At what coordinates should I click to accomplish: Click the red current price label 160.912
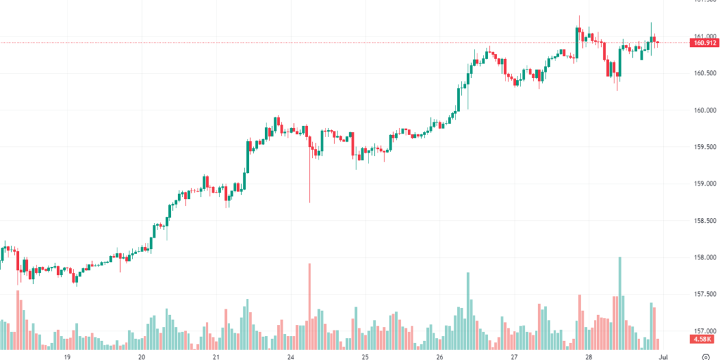point(704,43)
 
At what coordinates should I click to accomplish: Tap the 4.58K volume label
point(703,340)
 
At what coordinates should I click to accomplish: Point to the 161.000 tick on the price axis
point(704,37)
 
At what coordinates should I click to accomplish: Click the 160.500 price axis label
point(704,73)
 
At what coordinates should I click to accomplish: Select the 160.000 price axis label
point(704,110)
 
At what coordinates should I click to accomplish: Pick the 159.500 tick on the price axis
point(704,147)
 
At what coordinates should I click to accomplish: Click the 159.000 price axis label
point(704,184)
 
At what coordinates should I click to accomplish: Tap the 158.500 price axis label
point(704,220)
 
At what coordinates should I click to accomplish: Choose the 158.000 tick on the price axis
point(704,257)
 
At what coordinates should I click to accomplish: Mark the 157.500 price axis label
point(704,294)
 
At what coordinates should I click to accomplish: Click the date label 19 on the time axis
point(67,356)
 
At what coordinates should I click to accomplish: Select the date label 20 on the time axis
point(142,356)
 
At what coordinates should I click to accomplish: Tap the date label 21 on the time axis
point(217,356)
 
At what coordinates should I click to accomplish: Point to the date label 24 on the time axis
point(291,356)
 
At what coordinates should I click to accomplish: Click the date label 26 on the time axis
point(439,356)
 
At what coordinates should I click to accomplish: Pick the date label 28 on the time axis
point(589,356)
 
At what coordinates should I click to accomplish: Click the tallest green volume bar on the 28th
point(619,302)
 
